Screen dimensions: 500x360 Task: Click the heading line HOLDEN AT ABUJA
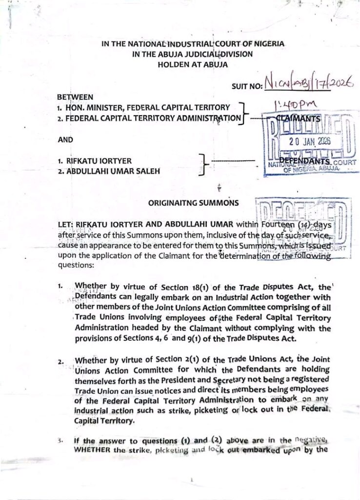tap(193, 64)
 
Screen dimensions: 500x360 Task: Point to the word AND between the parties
tap(65, 139)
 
